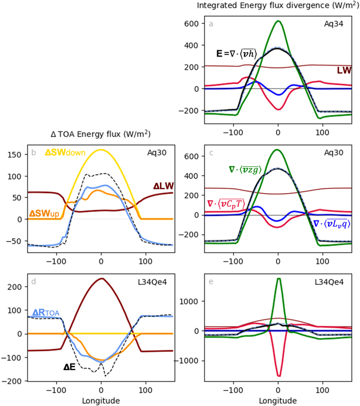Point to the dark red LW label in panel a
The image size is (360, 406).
(344, 70)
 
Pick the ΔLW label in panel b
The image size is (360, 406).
(163, 186)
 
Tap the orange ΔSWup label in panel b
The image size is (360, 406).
(43, 214)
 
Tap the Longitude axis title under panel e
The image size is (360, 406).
(278, 400)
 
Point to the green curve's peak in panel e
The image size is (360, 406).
(278, 279)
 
